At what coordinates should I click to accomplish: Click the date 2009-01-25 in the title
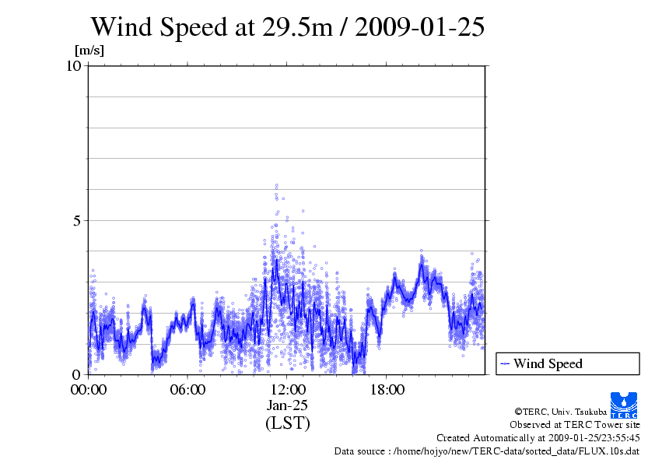419,28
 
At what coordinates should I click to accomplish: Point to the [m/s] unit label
89,51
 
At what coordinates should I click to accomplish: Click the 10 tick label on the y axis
74,66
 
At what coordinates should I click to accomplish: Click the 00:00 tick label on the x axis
89,390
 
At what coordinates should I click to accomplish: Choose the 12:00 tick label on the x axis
287,390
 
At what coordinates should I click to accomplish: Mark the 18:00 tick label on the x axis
387,390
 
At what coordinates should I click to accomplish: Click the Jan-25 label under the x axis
287,405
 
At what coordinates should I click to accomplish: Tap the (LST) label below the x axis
287,423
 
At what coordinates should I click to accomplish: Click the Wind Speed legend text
548,363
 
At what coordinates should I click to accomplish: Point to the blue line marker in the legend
504,363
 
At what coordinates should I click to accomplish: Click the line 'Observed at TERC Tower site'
574,425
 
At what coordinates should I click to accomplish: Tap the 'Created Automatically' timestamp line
538,438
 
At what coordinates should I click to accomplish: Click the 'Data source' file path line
487,451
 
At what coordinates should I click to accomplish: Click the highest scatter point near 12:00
276,185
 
